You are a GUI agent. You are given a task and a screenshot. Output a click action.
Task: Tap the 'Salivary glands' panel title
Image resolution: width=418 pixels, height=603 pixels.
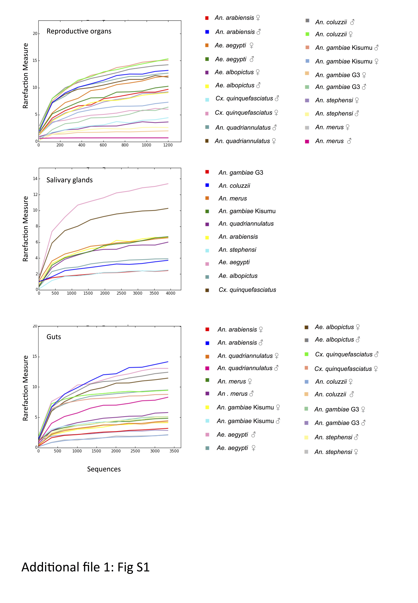pyautogui.click(x=69, y=180)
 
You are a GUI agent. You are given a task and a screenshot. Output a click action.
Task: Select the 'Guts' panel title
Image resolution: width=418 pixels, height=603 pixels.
pyautogui.click(x=54, y=337)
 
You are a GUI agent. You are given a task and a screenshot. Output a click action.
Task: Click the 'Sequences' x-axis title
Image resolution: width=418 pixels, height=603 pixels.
pyautogui.click(x=104, y=469)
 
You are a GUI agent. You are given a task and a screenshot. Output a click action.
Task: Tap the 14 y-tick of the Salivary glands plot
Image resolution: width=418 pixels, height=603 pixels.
pyautogui.click(x=35, y=179)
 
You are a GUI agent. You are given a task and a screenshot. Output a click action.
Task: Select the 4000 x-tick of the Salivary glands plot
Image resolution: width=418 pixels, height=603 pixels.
pyautogui.click(x=170, y=293)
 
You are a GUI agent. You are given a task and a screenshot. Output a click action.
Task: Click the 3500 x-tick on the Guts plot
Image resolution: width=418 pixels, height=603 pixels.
pyautogui.click(x=174, y=451)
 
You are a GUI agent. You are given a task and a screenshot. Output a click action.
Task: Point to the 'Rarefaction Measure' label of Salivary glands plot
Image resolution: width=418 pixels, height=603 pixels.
pyautogui.click(x=25, y=229)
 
